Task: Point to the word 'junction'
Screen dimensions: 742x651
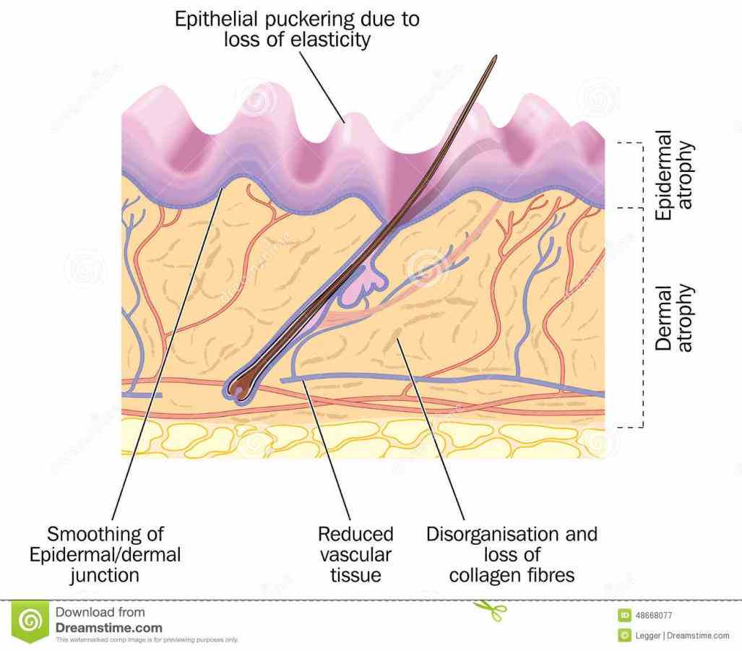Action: coord(105,575)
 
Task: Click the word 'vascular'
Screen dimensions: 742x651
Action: coord(355,555)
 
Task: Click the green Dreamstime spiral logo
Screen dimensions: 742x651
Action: coord(30,621)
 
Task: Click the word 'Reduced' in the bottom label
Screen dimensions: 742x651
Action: coord(355,535)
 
